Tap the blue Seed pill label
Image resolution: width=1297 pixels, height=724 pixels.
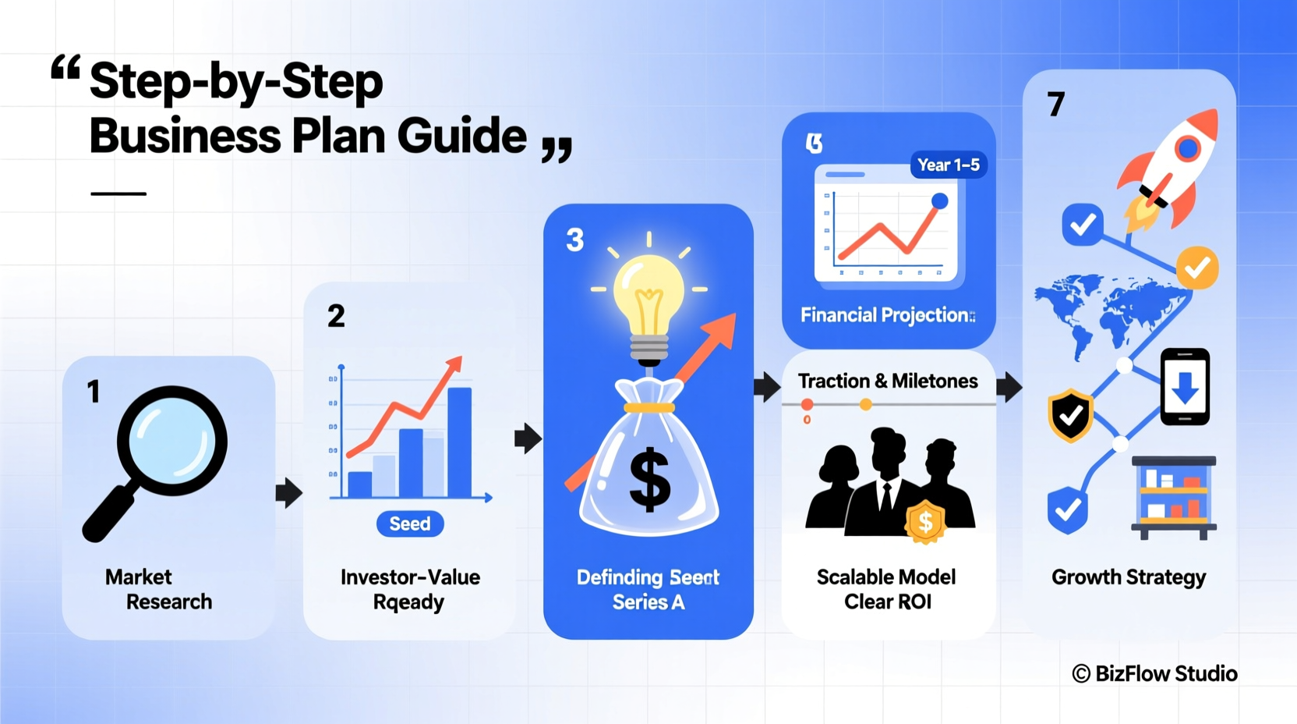click(410, 523)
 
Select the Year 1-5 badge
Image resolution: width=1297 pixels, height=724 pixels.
click(948, 165)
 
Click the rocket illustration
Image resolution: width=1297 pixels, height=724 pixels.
click(1169, 168)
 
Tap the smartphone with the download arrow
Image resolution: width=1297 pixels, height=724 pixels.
click(1185, 387)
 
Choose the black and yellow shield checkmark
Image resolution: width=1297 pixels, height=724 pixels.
click(1070, 415)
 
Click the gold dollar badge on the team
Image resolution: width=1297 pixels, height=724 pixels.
click(925, 522)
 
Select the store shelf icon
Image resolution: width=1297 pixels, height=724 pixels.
click(1174, 497)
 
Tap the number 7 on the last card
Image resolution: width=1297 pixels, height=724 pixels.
click(1056, 105)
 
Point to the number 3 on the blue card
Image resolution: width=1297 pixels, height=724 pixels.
click(574, 240)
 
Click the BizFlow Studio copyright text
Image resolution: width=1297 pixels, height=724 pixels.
click(1154, 673)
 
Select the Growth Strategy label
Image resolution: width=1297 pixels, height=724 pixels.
click(1128, 577)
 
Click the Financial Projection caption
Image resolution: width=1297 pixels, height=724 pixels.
click(887, 315)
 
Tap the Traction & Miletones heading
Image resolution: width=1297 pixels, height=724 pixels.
click(887, 381)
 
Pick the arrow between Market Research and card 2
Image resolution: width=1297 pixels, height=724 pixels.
click(288, 492)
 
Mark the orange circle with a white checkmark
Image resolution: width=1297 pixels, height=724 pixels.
click(1196, 268)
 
